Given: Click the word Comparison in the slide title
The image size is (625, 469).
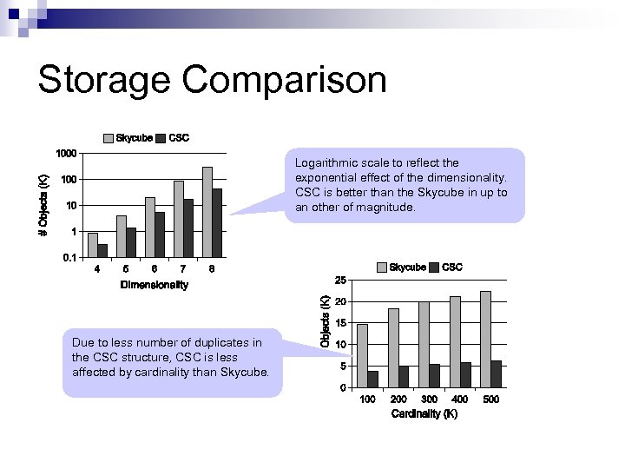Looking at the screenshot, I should (x=285, y=80).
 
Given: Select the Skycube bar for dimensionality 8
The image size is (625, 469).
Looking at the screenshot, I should (x=207, y=211).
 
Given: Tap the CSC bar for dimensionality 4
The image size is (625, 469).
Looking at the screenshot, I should (x=102, y=250).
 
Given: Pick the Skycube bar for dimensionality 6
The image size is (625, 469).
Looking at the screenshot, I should (x=150, y=227).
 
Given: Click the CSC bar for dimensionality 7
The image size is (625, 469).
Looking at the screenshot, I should (x=188, y=228).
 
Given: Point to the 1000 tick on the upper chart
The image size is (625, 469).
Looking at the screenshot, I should (x=66, y=154).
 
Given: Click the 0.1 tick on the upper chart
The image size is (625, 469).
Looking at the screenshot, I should (x=68, y=258).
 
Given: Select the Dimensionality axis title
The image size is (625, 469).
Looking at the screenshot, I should (x=155, y=285).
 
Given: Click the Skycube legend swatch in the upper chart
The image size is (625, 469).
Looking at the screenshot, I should (x=109, y=138).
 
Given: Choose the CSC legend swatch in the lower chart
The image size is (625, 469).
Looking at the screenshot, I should (x=435, y=268).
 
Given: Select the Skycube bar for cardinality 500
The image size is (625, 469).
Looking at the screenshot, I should (x=485, y=339).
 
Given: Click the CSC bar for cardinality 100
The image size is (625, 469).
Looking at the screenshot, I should (x=372, y=379).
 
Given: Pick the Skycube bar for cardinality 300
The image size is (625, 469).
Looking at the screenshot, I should (x=424, y=344).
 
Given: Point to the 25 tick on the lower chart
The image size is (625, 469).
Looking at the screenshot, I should (x=341, y=280).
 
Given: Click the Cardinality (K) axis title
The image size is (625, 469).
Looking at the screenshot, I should (x=424, y=414).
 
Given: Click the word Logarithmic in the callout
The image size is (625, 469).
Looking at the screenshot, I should (x=326, y=162).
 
